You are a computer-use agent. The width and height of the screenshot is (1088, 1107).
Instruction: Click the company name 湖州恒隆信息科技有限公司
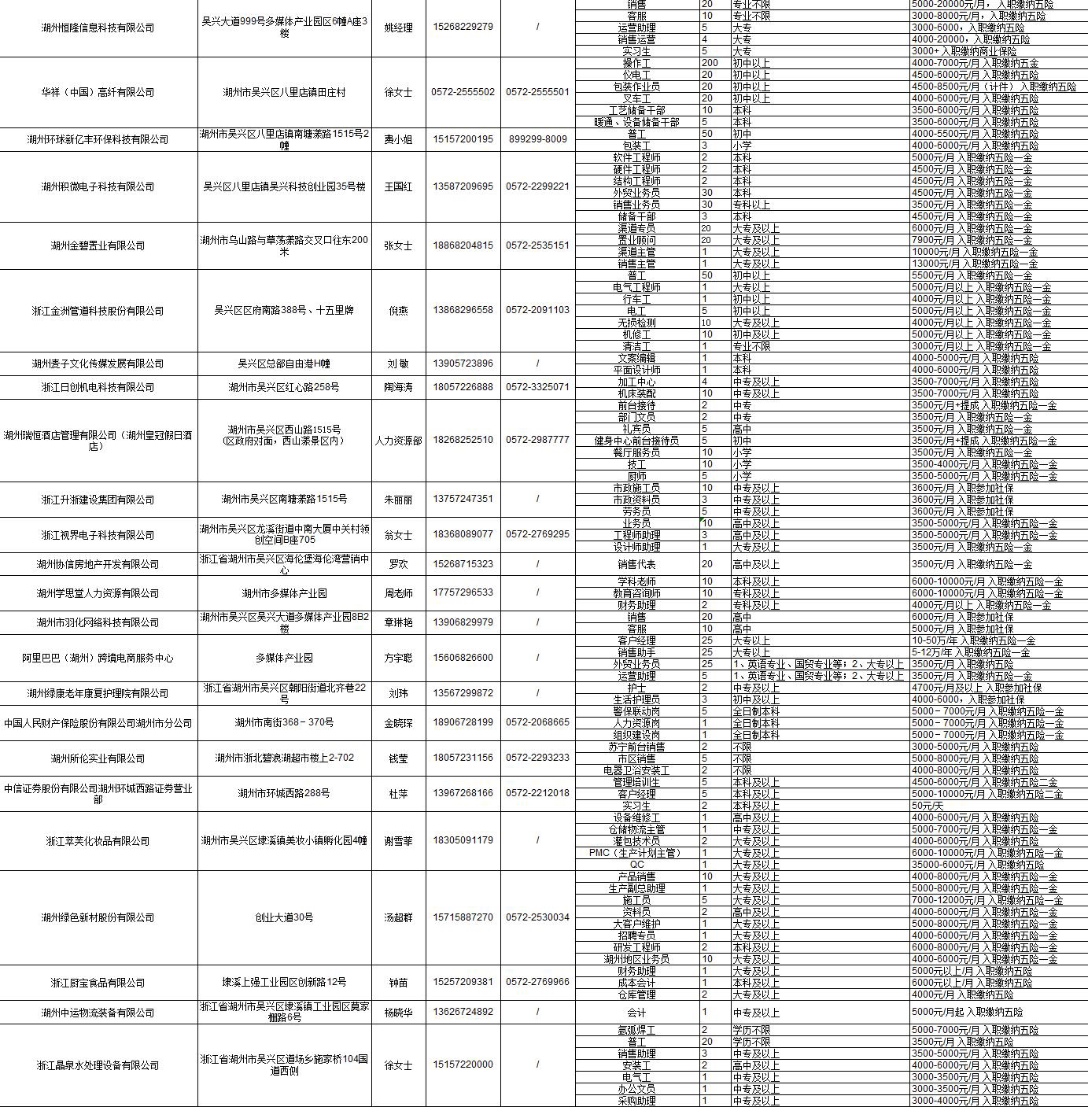pyautogui.click(x=98, y=28)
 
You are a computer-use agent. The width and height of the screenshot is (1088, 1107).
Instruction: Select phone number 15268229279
pyautogui.click(x=463, y=27)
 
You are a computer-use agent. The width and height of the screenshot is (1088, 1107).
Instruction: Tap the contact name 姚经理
pyautogui.click(x=398, y=28)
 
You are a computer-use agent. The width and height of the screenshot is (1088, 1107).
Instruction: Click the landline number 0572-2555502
pyautogui.click(x=463, y=92)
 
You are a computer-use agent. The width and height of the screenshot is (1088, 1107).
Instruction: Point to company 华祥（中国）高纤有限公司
pyautogui.click(x=98, y=92)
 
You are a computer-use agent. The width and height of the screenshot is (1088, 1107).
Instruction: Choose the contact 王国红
pyautogui.click(x=398, y=186)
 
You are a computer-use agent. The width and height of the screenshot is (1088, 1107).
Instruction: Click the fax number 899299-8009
pyautogui.click(x=537, y=139)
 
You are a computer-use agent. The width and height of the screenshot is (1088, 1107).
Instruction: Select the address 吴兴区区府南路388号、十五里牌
pyautogui.click(x=284, y=310)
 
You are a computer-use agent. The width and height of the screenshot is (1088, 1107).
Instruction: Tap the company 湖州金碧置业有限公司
pyautogui.click(x=98, y=245)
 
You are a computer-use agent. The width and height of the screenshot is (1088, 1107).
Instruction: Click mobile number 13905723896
pyautogui.click(x=463, y=363)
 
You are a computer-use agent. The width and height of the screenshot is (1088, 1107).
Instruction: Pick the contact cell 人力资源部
pyautogui.click(x=398, y=441)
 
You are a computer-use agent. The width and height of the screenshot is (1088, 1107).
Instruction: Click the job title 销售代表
pyautogui.click(x=636, y=564)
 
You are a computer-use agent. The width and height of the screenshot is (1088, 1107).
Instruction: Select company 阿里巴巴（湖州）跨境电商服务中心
pyautogui.click(x=98, y=658)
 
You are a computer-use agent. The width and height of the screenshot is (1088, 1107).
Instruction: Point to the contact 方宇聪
pyautogui.click(x=398, y=658)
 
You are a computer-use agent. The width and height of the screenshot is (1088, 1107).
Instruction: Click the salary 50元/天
pyautogui.click(x=928, y=806)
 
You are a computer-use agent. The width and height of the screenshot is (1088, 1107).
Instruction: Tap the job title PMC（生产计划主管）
pyautogui.click(x=636, y=853)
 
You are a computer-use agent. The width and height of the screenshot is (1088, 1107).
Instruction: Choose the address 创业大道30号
pyautogui.click(x=284, y=917)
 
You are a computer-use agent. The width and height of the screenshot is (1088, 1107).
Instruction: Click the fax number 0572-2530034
pyautogui.click(x=537, y=917)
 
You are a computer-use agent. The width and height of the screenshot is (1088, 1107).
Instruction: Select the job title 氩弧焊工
pyautogui.click(x=636, y=1030)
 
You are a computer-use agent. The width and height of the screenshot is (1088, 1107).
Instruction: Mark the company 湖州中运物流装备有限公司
pyautogui.click(x=98, y=1013)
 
